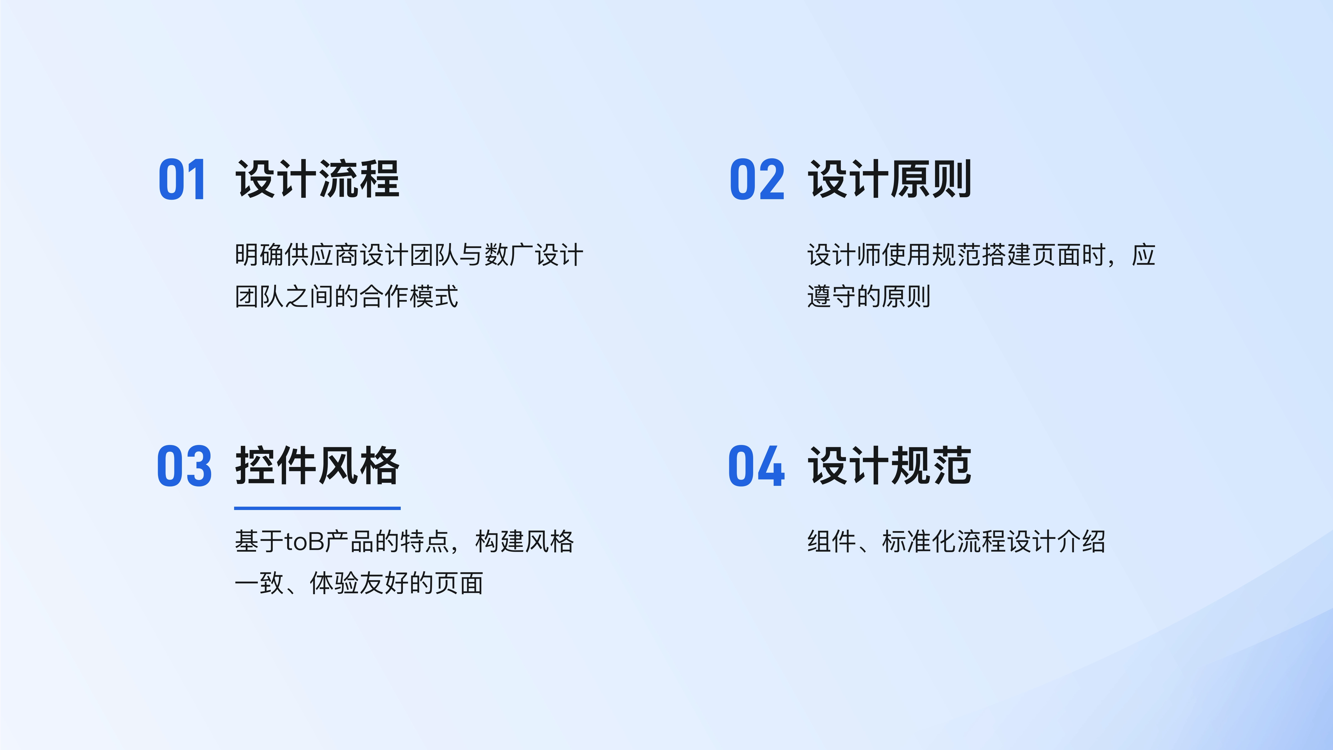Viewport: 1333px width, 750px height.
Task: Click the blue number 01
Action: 182,180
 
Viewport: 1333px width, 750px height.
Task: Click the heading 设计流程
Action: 317,179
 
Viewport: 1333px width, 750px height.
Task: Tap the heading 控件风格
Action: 317,466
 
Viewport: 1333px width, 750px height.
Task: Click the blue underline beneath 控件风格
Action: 317,508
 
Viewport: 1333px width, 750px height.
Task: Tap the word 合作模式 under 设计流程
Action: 409,297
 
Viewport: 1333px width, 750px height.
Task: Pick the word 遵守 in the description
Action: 832,297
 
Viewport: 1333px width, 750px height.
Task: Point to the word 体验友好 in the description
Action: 359,583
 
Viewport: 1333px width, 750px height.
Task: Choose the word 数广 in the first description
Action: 509,255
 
